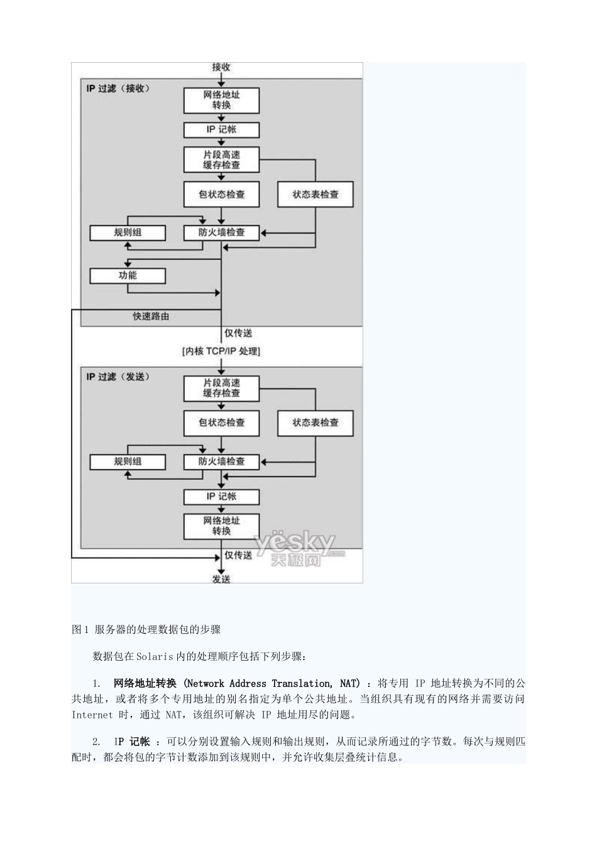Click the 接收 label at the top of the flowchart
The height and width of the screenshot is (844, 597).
click(x=221, y=67)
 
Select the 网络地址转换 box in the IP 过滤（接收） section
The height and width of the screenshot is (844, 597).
click(x=221, y=100)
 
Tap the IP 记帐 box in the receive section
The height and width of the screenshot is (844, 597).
click(x=221, y=129)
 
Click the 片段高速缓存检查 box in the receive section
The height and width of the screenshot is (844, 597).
click(x=221, y=160)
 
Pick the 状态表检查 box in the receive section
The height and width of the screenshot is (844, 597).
click(x=315, y=195)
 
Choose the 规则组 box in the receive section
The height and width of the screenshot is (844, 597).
click(x=128, y=232)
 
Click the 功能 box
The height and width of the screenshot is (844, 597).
click(x=128, y=276)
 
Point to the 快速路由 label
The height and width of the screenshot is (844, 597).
click(x=151, y=316)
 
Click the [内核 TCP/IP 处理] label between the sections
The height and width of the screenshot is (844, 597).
click(x=221, y=351)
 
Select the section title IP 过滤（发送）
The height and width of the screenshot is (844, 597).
click(x=118, y=377)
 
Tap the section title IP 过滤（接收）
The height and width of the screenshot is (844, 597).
click(x=118, y=89)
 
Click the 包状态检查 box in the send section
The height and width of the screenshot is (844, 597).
click(x=221, y=423)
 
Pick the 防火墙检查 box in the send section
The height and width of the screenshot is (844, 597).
click(x=221, y=462)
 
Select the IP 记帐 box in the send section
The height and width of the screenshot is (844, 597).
click(x=221, y=497)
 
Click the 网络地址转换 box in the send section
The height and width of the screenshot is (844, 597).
click(x=221, y=526)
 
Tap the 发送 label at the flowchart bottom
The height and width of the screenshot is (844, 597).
click(x=221, y=579)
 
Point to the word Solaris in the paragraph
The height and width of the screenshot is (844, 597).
click(x=154, y=656)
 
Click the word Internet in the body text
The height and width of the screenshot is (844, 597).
click(x=92, y=715)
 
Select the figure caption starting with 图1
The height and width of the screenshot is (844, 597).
click(x=146, y=629)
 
